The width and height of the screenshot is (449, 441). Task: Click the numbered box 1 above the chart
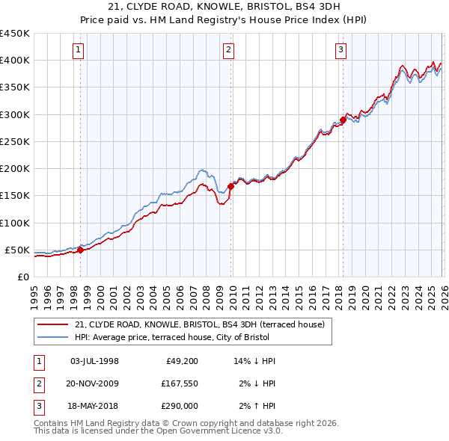[79, 50]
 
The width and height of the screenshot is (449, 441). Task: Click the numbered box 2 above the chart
[228, 50]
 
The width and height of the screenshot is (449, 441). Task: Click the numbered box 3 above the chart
[340, 50]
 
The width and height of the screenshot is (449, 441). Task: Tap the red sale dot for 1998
[80, 250]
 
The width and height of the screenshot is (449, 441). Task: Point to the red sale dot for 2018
[343, 120]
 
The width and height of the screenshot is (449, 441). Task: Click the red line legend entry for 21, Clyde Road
[199, 324]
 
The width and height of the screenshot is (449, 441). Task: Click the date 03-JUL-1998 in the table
[94, 361]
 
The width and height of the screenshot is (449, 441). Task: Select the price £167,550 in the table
[177, 384]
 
